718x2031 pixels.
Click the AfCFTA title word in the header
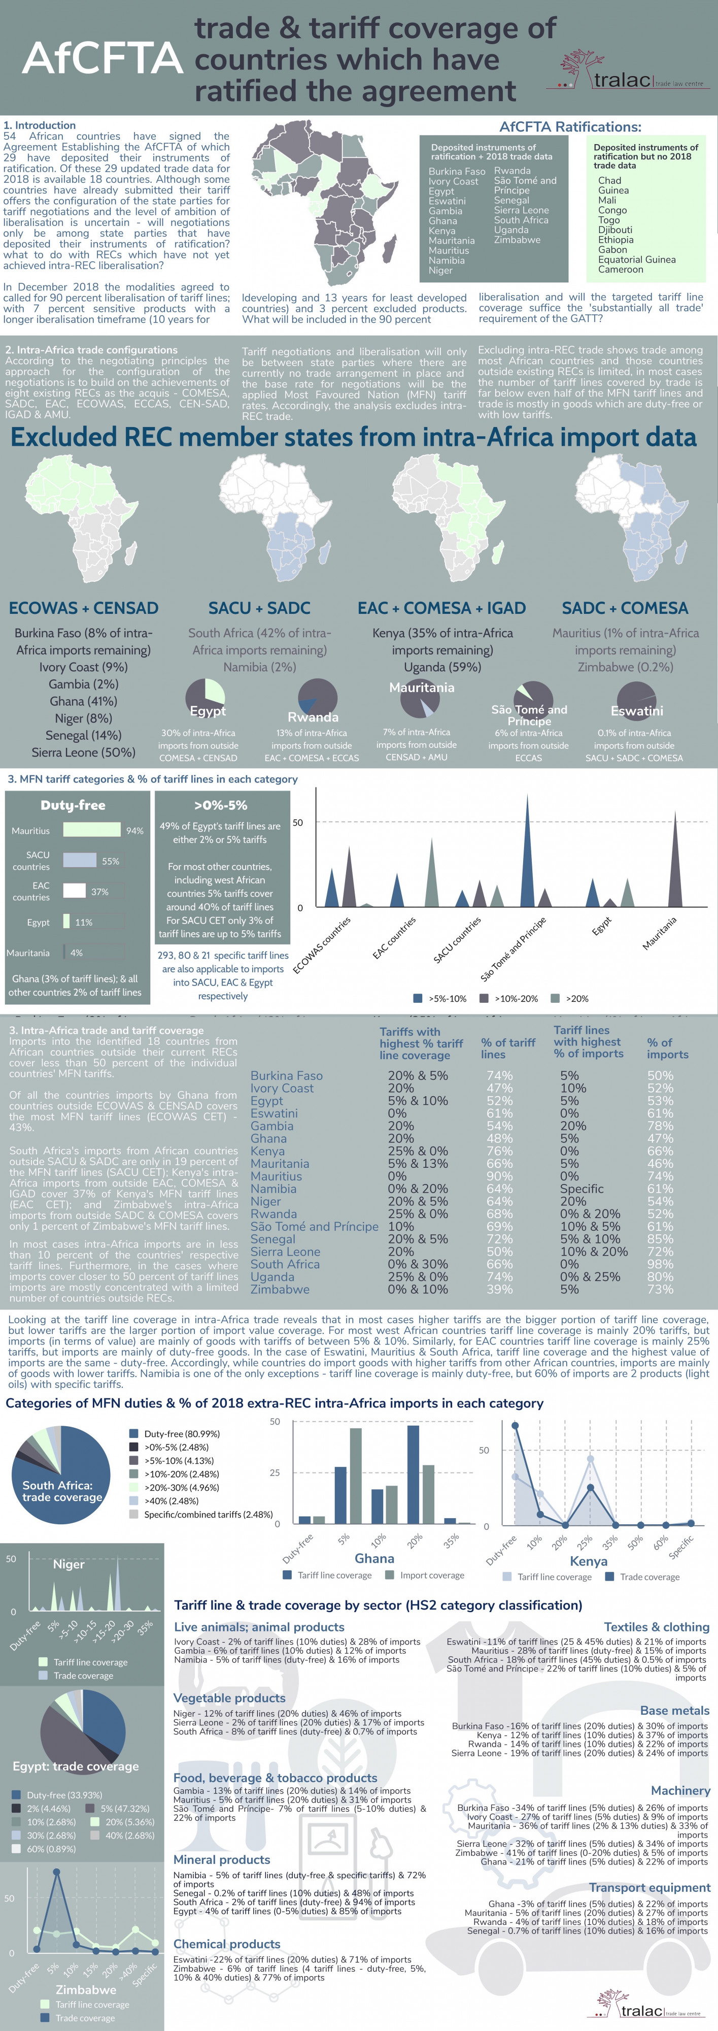[x=102, y=58]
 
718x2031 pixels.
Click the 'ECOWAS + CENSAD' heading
[x=84, y=608]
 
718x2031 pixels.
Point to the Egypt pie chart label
[x=208, y=711]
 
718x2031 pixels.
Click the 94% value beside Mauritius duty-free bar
[x=135, y=830]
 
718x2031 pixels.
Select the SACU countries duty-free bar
[x=80, y=860]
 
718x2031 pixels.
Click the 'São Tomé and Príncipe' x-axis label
[x=514, y=948]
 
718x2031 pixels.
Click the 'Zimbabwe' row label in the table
[x=280, y=1289]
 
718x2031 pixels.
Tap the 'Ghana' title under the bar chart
[x=374, y=1558]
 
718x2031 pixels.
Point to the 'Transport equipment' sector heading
[x=649, y=1887]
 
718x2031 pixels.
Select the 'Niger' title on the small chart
[x=69, y=1563]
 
